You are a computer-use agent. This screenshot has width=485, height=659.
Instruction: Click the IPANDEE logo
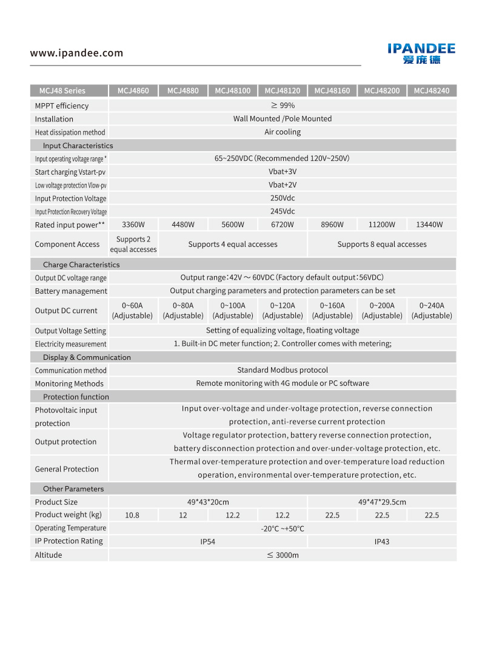421,53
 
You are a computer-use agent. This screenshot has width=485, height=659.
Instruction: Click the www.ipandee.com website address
76,53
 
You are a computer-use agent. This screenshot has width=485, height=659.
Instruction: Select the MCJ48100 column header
233,91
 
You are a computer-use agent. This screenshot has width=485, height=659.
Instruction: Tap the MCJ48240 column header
432,91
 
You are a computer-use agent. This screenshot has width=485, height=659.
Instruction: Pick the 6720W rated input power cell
283,225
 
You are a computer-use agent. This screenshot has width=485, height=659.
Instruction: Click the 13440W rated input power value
429,225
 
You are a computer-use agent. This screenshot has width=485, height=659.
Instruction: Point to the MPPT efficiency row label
62,106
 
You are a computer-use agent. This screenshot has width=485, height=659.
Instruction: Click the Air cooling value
283,132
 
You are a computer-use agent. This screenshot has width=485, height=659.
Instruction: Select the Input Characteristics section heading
78,146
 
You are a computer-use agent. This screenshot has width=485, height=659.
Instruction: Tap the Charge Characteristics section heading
81,265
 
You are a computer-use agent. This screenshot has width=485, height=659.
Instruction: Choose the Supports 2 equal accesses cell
133,245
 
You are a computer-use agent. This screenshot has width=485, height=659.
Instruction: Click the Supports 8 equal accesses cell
382,245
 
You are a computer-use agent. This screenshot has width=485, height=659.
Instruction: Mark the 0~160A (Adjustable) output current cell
332,311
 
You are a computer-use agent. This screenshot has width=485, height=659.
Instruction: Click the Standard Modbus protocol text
283,370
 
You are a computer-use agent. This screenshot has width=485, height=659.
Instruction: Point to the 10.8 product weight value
132,515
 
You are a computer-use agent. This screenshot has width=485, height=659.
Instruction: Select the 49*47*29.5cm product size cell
382,502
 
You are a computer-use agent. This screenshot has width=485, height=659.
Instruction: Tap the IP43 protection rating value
382,542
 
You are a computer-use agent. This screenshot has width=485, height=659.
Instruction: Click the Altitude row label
48,555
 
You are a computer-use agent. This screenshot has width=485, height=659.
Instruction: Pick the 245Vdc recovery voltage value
283,212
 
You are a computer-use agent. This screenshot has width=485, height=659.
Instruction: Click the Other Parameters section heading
73,489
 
